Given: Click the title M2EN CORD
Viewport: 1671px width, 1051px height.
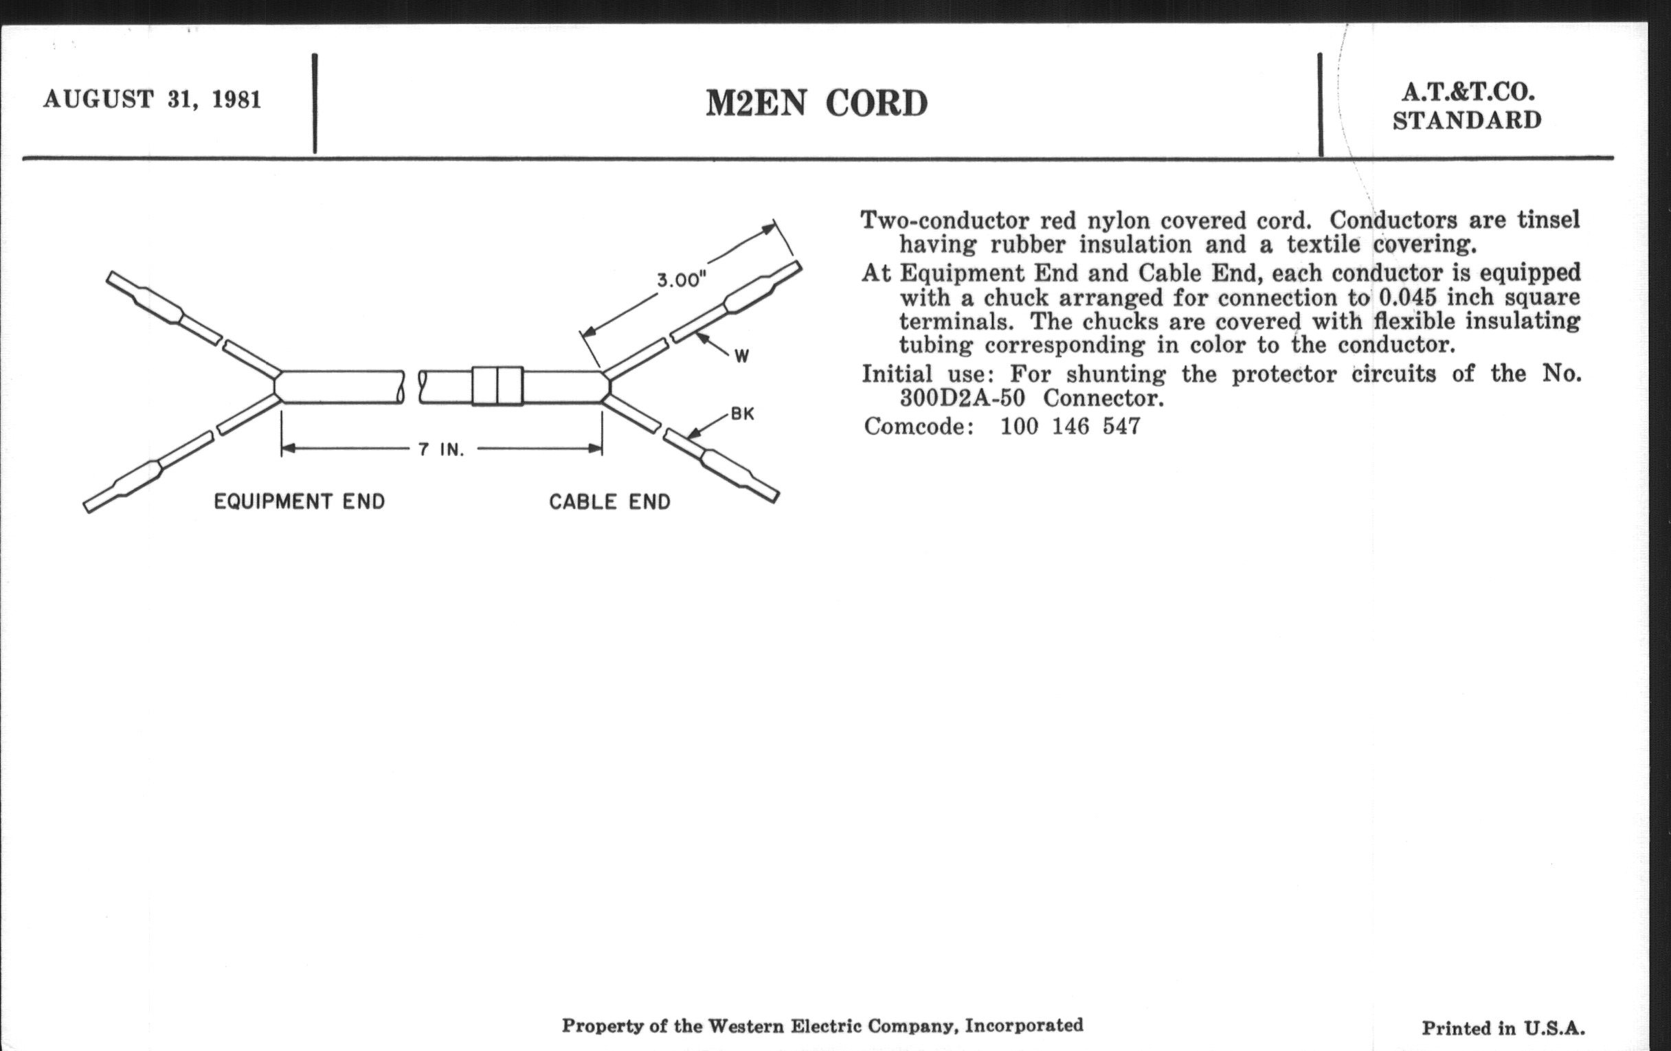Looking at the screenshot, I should click(x=816, y=104).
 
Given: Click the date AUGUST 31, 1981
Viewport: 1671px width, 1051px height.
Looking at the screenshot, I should click(x=152, y=99).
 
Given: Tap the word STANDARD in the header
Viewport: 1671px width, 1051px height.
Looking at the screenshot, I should click(x=1467, y=121).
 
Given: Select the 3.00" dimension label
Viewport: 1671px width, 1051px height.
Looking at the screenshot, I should click(x=682, y=280).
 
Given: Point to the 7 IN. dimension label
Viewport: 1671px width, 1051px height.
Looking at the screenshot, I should click(x=440, y=449).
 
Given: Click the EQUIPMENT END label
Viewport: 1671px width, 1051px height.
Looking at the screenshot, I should click(x=299, y=501).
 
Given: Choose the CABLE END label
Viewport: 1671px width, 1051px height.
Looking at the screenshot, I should click(x=609, y=501).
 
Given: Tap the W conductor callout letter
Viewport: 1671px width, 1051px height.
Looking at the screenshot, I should click(x=741, y=357).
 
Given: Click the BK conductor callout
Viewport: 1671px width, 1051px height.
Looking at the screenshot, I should click(x=742, y=414).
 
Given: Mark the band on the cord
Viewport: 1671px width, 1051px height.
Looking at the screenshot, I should click(x=497, y=386).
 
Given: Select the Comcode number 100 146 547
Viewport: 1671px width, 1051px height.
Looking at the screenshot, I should click(x=1070, y=426).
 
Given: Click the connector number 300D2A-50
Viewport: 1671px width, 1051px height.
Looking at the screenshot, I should click(x=962, y=399).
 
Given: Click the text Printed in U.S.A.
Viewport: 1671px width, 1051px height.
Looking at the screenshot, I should click(x=1503, y=1028).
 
